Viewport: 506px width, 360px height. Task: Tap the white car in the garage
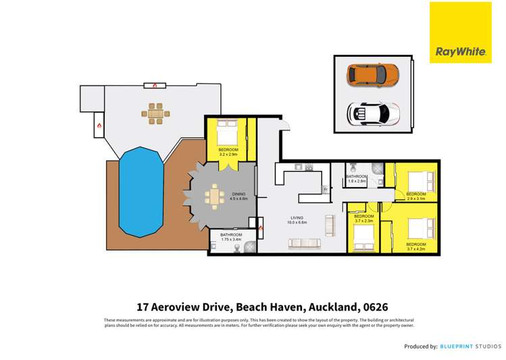point(372,112)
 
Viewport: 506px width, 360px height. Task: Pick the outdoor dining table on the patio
point(156,113)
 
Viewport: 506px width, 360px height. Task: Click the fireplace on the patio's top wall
point(155,86)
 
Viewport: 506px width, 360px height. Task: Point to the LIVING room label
point(297,217)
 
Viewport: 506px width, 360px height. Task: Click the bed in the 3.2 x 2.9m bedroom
point(226,132)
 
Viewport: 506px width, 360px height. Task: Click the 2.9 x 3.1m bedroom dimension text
point(416,199)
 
